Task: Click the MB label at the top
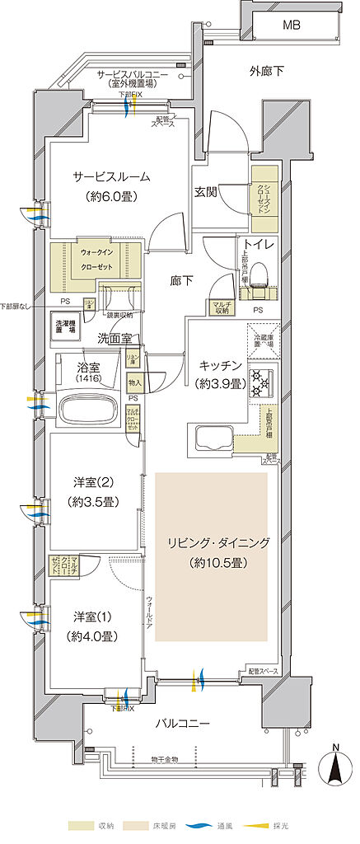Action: [x=292, y=26]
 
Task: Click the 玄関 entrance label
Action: [x=205, y=192]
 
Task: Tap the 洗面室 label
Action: [x=115, y=339]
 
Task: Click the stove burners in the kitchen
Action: [x=261, y=380]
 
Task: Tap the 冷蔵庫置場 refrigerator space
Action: [x=263, y=340]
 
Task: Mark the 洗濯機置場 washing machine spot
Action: [x=64, y=325]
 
